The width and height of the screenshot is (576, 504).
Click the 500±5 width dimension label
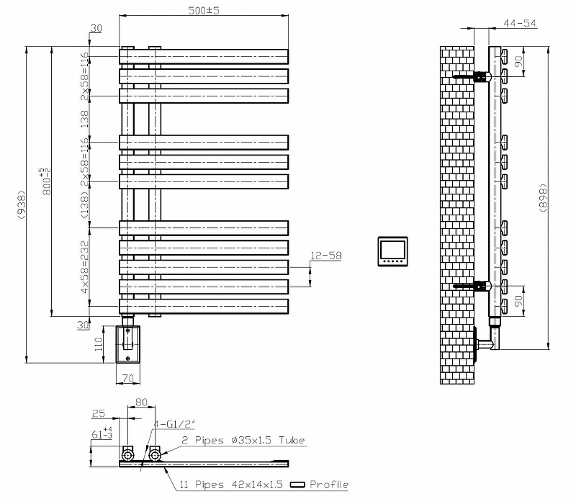pos(204,9)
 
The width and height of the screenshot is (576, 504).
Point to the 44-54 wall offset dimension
pos(520,23)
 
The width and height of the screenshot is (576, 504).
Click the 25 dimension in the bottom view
pos(99,414)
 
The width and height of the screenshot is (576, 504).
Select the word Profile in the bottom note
pos(329,485)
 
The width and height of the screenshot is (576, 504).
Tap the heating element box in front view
pos(129,343)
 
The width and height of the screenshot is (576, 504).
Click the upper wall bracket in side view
pos(472,75)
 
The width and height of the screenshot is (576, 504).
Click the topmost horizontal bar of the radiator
pos(204,55)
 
